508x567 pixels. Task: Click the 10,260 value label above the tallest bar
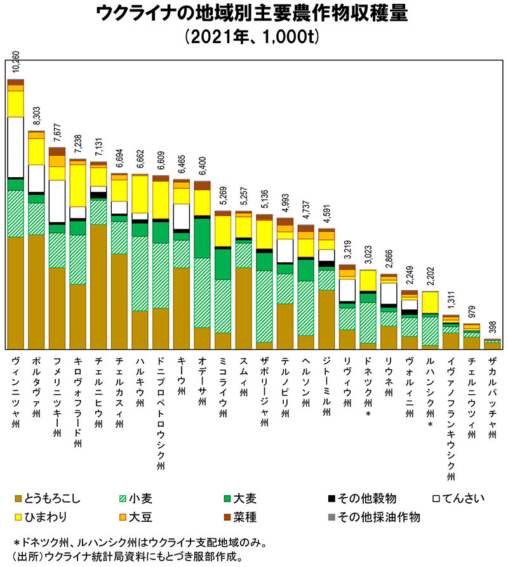click(x=16, y=62)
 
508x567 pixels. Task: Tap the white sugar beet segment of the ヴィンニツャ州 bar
click(x=16, y=147)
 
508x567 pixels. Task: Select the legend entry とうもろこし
click(x=48, y=498)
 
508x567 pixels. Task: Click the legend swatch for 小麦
click(x=123, y=498)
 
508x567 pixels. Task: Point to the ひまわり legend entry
click(x=41, y=517)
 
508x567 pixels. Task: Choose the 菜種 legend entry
click(x=240, y=517)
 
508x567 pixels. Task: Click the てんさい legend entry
click(x=458, y=498)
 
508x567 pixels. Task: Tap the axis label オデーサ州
click(x=202, y=380)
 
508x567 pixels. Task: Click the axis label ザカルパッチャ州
click(x=493, y=397)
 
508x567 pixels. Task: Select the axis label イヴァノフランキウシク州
click(x=451, y=418)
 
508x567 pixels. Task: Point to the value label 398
click(x=493, y=327)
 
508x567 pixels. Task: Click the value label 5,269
click(x=223, y=196)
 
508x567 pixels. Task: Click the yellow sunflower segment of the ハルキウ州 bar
click(x=140, y=194)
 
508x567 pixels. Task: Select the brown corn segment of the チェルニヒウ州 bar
click(x=98, y=287)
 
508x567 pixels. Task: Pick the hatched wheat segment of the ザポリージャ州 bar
click(x=264, y=306)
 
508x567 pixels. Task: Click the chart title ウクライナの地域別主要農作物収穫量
click(x=252, y=13)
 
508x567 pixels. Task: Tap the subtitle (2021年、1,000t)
click(x=252, y=36)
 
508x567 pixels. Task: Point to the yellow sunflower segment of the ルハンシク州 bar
click(x=431, y=302)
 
